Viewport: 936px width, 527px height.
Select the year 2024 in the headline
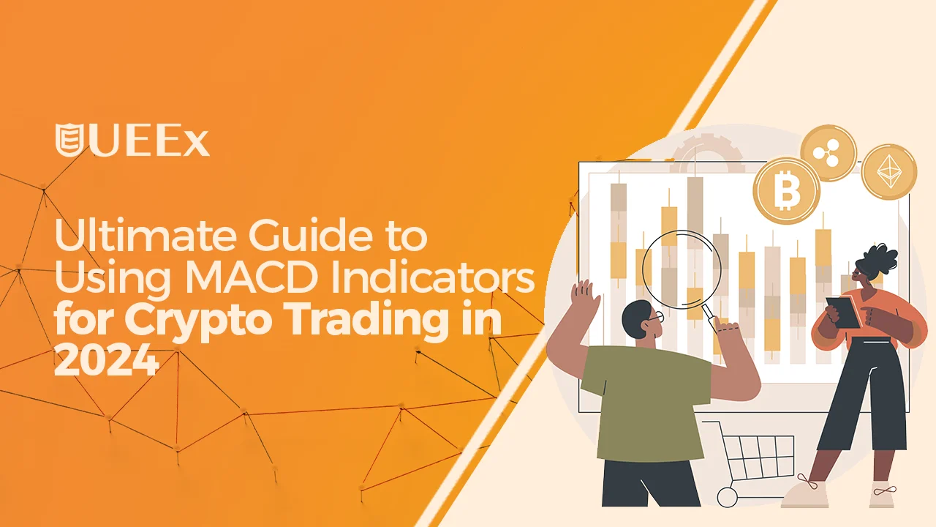click(x=105, y=362)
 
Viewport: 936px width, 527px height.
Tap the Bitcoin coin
click(x=787, y=191)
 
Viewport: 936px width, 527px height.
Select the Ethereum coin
click(x=889, y=172)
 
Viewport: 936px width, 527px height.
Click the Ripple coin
click(x=828, y=152)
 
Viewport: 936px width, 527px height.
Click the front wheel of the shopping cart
click(x=727, y=498)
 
